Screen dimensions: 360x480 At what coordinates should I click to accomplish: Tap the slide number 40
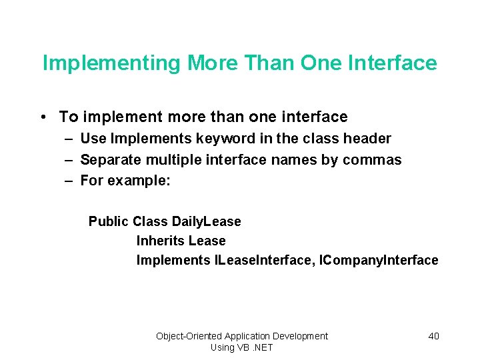tap(433, 336)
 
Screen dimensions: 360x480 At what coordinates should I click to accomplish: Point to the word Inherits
tap(160, 241)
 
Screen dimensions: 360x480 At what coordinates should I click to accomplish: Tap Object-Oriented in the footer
tap(189, 336)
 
